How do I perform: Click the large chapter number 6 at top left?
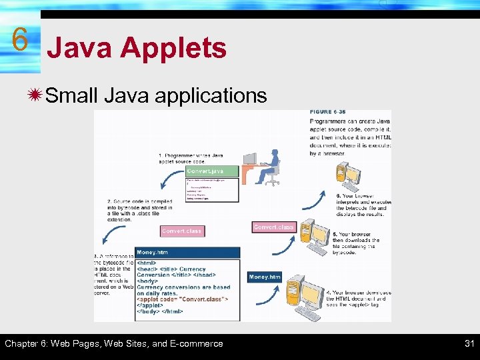20,40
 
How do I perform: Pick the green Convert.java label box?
212,171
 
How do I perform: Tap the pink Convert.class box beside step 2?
182,231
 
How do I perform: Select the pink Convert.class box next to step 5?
273,227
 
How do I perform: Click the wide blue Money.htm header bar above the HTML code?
187,253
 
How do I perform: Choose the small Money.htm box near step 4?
265,277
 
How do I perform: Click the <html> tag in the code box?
147,263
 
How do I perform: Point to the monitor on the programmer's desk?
250,159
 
